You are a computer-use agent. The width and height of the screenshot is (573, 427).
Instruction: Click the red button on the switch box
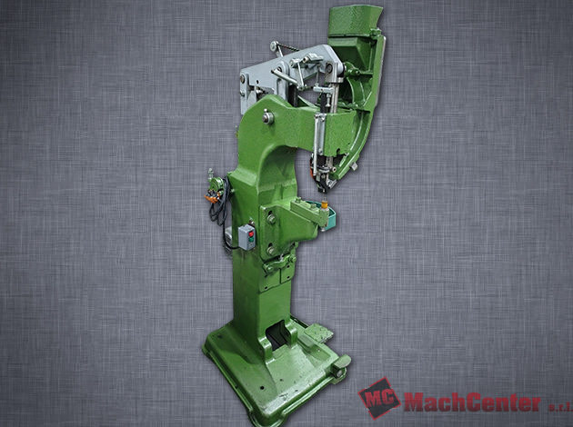(x=251, y=233)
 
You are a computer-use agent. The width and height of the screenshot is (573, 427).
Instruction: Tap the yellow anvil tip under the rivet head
(x=324, y=202)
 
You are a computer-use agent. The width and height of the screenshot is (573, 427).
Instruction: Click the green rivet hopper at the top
(x=354, y=21)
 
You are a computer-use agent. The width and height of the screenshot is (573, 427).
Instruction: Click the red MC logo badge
(x=379, y=397)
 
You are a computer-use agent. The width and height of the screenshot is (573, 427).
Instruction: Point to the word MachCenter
(x=472, y=402)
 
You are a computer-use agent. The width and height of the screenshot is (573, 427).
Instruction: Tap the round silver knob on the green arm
(x=268, y=117)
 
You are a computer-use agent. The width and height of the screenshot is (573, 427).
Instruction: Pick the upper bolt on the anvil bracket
(x=271, y=219)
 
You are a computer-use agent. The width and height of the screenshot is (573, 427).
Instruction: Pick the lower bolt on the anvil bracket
(x=271, y=251)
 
